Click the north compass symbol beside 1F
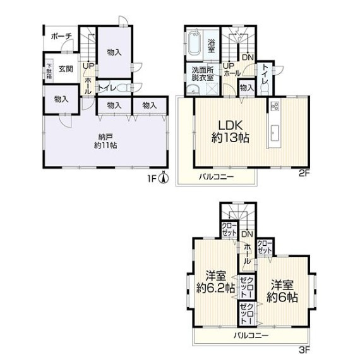(x=164, y=178)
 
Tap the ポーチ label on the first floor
(x=61, y=37)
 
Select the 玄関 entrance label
(x=66, y=69)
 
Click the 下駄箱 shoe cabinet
(x=49, y=70)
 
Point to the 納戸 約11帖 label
(x=105, y=141)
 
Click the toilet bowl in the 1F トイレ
(x=124, y=88)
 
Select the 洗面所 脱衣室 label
(x=203, y=74)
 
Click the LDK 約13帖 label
(x=231, y=131)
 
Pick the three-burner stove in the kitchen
(x=275, y=106)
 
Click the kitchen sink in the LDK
(x=275, y=133)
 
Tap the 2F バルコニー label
(x=217, y=177)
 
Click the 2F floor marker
(x=304, y=174)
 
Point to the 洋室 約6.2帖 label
(x=215, y=282)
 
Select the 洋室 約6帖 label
(x=282, y=291)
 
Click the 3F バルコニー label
(x=251, y=336)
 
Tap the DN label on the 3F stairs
(x=248, y=234)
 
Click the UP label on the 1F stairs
(x=88, y=66)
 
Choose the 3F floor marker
(x=304, y=357)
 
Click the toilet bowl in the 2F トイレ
(x=265, y=88)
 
